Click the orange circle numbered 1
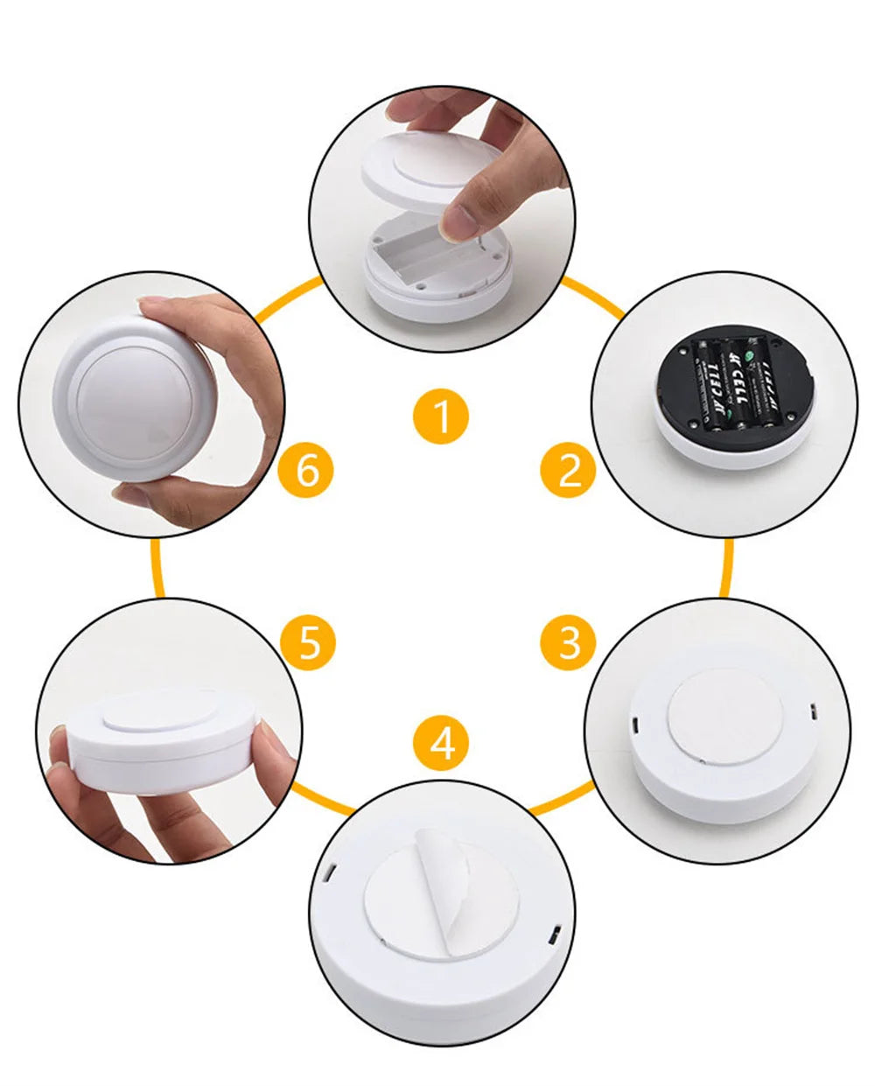tap(442, 415)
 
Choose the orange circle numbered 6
tap(306, 472)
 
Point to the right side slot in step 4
tap(553, 937)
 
